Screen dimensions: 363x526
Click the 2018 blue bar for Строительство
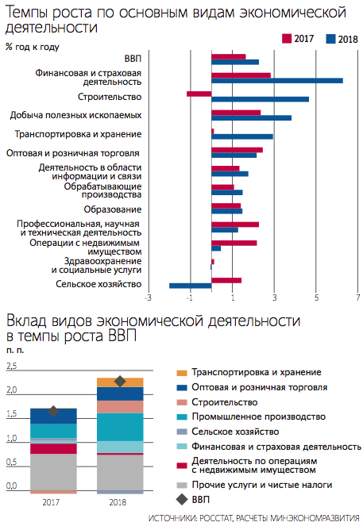260,99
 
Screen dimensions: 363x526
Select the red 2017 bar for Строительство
199,94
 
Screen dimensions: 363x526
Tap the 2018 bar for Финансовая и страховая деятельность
277,80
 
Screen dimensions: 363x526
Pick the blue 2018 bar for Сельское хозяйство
191,286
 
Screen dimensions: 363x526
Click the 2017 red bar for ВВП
228,56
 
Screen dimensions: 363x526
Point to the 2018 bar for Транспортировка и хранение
242,136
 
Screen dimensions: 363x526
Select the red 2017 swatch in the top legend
287,39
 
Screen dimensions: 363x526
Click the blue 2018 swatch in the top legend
330,39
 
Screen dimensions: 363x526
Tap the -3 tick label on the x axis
148,298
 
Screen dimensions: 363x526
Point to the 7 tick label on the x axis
358,298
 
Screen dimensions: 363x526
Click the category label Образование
113,209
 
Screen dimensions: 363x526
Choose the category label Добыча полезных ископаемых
75,115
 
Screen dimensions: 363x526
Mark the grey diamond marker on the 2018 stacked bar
120,382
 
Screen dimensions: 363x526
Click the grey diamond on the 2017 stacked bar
53,411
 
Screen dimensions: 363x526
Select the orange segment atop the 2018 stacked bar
120,382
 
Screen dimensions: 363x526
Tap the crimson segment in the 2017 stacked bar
53,449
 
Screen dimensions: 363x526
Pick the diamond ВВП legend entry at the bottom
193,500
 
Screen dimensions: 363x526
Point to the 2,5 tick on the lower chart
11,366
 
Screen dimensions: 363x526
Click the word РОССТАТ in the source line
215,518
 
